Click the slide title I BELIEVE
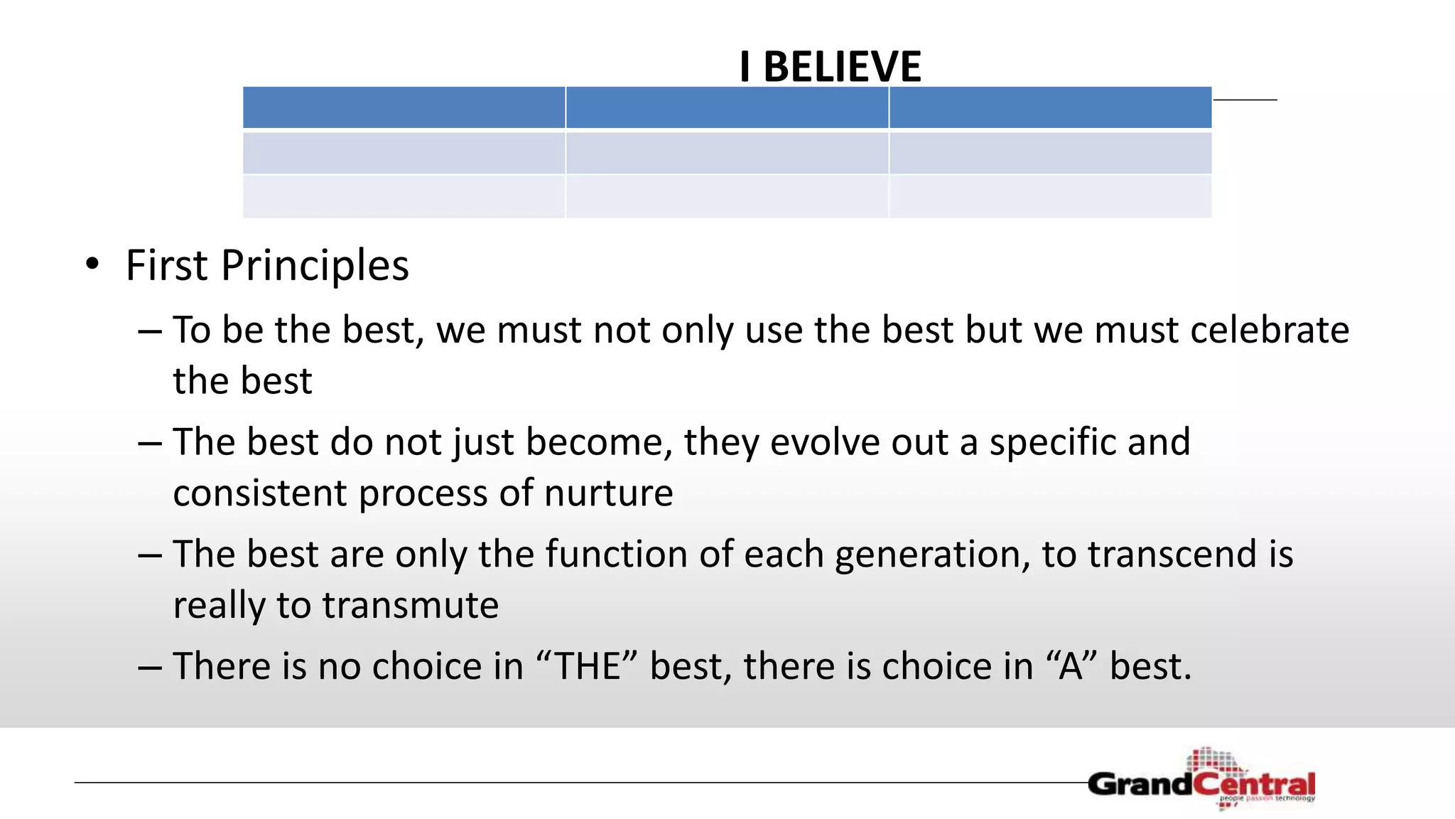click(830, 68)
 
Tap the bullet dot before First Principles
click(92, 264)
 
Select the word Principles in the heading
click(315, 266)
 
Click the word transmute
click(410, 605)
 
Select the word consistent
click(260, 493)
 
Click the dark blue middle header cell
click(727, 107)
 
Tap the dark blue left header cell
click(404, 107)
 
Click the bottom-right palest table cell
click(1050, 196)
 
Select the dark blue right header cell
click(1050, 107)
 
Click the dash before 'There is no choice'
click(151, 668)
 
